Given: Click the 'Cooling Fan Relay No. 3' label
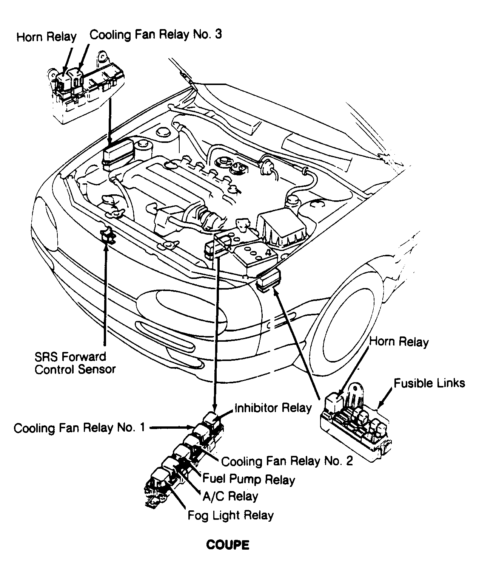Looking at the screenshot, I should [156, 34].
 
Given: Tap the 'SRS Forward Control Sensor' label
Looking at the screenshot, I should [75, 363].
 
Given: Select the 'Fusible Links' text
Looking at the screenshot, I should [429, 383].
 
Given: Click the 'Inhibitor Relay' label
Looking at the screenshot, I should [273, 408].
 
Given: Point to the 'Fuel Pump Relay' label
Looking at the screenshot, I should [249, 479].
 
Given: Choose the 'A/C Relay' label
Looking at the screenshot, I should [230, 496].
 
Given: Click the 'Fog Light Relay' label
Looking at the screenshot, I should [230, 515].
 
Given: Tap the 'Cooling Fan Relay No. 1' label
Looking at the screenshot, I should [79, 428].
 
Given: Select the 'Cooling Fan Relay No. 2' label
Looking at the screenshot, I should [287, 461].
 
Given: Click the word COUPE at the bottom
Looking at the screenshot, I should [228, 545].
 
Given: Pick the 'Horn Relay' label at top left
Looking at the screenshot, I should [46, 37].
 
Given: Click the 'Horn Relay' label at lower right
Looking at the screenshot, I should [399, 342].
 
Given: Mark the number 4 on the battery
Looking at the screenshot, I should [268, 252].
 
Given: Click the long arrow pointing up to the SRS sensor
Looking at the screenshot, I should [105, 295].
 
